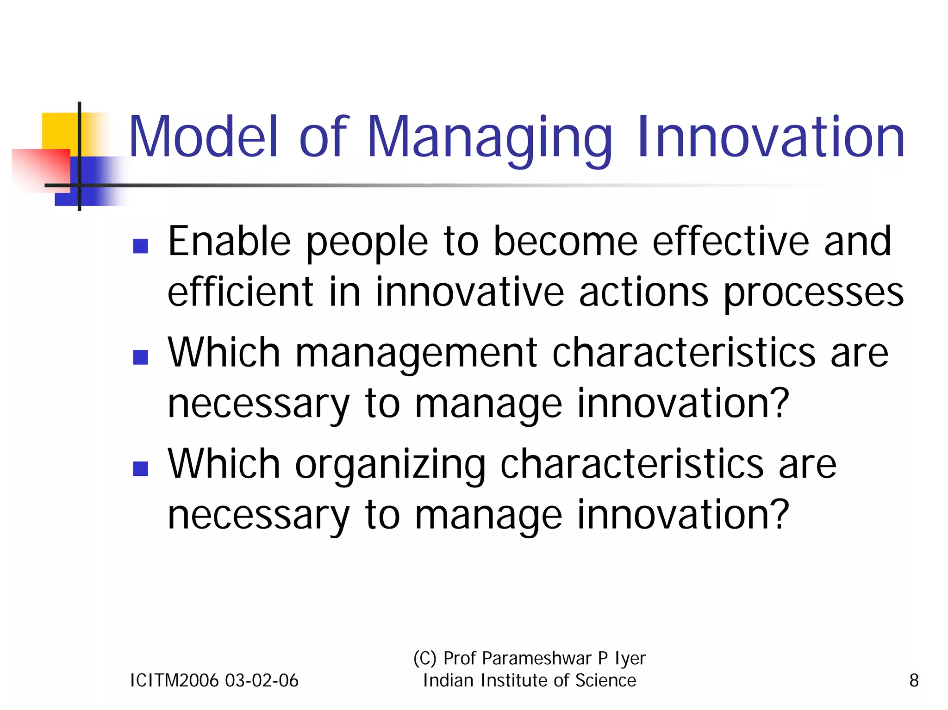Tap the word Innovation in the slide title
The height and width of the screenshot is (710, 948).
771,137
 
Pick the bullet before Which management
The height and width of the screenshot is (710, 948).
140,357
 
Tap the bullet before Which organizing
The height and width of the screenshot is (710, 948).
140,468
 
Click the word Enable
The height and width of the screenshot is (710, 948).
229,241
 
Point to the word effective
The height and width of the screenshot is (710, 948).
730,241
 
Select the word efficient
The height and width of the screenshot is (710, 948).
240,292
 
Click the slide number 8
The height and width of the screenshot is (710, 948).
914,680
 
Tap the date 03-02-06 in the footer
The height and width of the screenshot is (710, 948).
262,680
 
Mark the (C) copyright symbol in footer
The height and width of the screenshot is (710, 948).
424,658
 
